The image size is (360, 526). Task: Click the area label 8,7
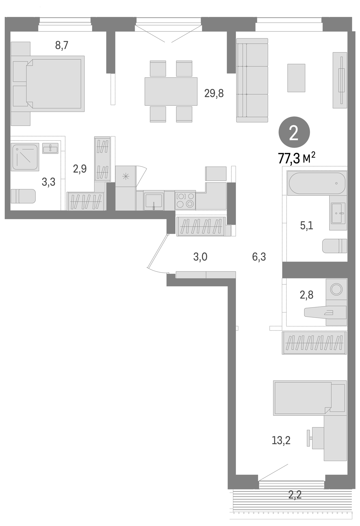tap(62, 46)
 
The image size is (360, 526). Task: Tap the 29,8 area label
tap(214, 94)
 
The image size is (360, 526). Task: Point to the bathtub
tap(317, 183)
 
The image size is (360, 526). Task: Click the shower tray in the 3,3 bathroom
tap(25, 157)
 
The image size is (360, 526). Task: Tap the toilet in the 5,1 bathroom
tap(335, 246)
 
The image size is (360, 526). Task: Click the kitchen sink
tap(154, 201)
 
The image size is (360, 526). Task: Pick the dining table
tap(171, 91)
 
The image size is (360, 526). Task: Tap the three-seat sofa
tap(252, 80)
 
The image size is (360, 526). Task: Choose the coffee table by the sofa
tap(296, 78)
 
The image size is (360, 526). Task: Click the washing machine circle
tap(336, 289)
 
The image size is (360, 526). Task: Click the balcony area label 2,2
tap(295, 494)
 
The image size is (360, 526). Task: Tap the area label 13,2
tap(281, 440)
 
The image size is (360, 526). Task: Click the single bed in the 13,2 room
tap(310, 398)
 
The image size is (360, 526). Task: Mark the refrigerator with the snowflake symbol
tap(126, 176)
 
